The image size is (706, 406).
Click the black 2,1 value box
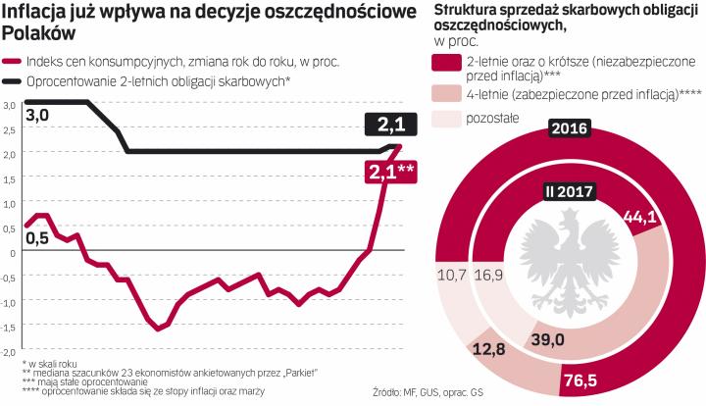coord(390,125)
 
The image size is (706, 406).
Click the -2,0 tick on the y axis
coord(9,350)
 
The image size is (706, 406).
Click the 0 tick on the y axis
coord(11,251)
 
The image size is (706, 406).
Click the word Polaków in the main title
coord(34,32)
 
